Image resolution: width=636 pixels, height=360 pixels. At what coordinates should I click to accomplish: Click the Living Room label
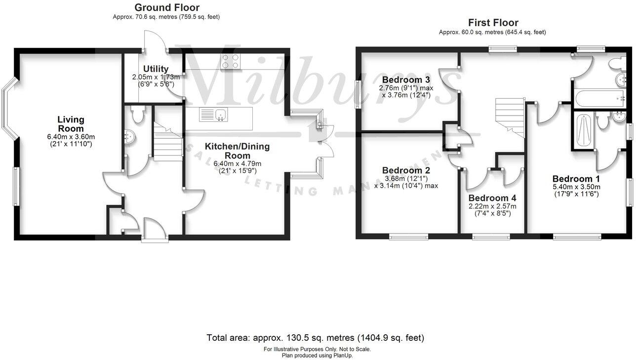pos(71,124)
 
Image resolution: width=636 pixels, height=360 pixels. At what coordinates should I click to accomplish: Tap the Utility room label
pos(156,69)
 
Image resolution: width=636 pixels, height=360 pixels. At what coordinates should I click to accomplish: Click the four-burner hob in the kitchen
pos(230,61)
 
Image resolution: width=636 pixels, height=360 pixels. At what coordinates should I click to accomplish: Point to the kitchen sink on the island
pos(213,115)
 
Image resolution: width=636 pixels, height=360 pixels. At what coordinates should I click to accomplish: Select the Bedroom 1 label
pos(576,179)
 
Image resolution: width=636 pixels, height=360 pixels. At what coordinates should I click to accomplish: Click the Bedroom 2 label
pos(406,170)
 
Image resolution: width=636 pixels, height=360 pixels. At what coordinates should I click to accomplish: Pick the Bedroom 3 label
pos(406,80)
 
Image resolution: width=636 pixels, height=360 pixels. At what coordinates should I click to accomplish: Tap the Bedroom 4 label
pos(492,198)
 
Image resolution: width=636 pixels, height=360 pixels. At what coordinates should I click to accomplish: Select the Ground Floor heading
pos(167,7)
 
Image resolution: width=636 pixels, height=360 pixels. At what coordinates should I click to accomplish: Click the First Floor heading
pos(493,23)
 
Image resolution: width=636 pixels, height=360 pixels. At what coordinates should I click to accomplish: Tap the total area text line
pos(315,338)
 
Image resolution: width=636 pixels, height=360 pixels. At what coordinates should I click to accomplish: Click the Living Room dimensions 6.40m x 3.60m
pos(71,137)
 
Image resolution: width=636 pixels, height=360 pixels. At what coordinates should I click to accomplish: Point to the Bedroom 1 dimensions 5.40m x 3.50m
pos(576,187)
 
